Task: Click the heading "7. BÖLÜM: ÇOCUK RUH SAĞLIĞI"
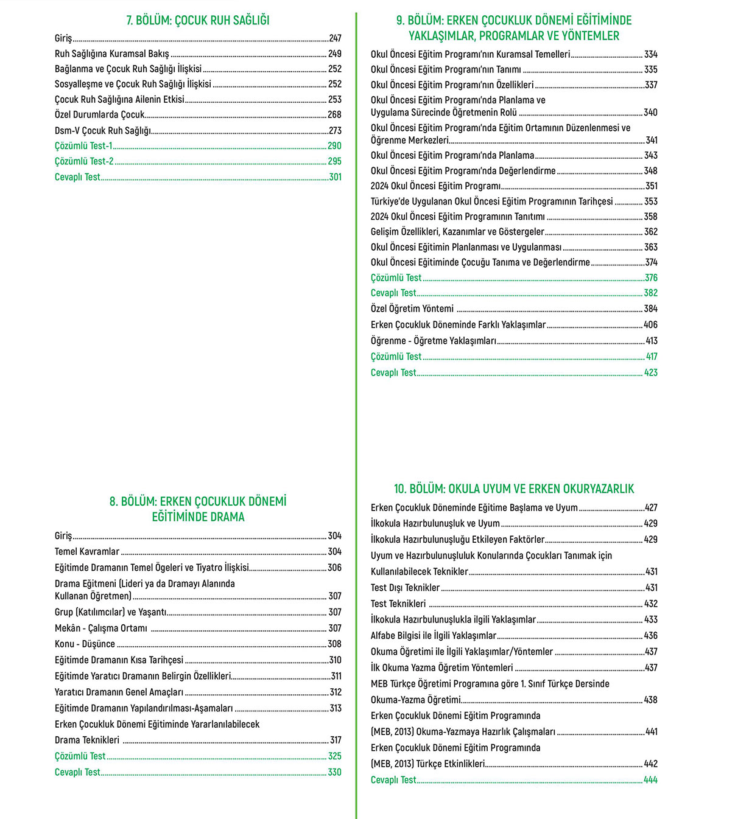tap(198, 20)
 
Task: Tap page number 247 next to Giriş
tap(335, 38)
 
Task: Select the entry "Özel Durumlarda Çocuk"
tap(100, 114)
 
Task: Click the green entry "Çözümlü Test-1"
tap(83, 146)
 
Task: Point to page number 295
tap(335, 161)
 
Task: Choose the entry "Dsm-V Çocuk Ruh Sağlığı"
tap(103, 130)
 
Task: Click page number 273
tap(335, 130)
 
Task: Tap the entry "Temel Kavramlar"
tap(87, 552)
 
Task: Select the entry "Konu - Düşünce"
tap(85, 644)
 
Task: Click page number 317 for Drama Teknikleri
tap(336, 740)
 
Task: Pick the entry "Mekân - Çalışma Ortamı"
tap(101, 628)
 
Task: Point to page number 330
tap(335, 772)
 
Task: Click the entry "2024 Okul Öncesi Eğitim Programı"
tap(435, 186)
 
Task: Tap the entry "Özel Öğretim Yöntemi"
tap(412, 308)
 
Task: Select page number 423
tap(651, 372)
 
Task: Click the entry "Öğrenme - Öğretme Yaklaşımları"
tap(434, 341)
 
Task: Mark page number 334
tap(651, 54)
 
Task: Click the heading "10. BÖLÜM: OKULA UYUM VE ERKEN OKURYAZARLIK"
tap(514, 489)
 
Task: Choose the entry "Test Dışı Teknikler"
tap(405, 588)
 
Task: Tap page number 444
tap(651, 779)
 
